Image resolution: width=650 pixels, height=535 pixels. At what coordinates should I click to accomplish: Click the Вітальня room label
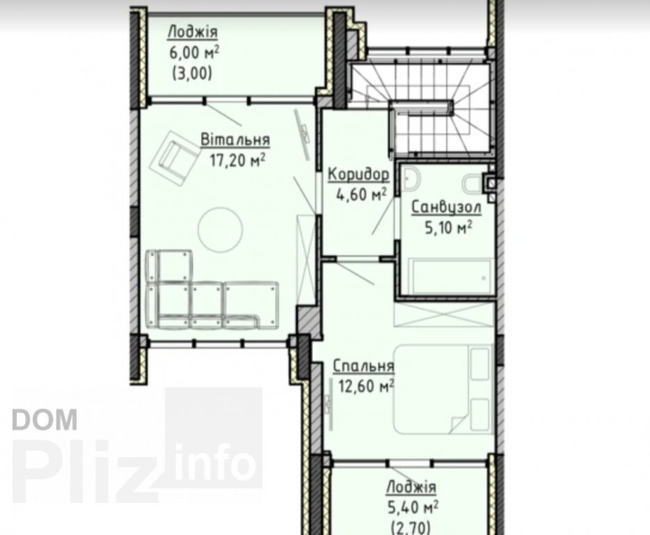(x=235, y=139)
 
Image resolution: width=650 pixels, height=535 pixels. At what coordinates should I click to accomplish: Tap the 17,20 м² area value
(x=237, y=160)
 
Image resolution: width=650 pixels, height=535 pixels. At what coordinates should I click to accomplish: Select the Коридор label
(x=358, y=175)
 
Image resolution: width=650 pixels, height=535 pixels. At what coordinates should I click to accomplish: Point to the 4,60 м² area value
(x=361, y=194)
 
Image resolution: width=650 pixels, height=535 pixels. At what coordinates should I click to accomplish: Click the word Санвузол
(x=446, y=207)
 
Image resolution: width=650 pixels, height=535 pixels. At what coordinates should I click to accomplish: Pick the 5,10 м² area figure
(x=449, y=227)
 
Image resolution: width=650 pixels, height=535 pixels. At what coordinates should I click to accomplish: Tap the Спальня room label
(x=363, y=366)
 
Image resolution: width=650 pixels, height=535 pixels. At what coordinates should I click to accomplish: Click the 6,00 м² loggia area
(x=194, y=52)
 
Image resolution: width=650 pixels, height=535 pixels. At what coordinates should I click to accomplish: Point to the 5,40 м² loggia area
(x=413, y=507)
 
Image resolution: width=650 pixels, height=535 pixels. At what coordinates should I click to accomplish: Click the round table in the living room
(x=220, y=229)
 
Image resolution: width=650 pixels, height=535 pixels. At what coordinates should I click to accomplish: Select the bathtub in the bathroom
(x=450, y=276)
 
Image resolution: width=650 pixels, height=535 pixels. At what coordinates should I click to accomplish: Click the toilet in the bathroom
(x=473, y=184)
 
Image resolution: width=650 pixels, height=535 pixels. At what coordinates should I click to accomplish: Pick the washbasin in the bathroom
(x=411, y=179)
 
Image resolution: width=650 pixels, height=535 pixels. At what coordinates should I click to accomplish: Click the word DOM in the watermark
(x=45, y=419)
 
